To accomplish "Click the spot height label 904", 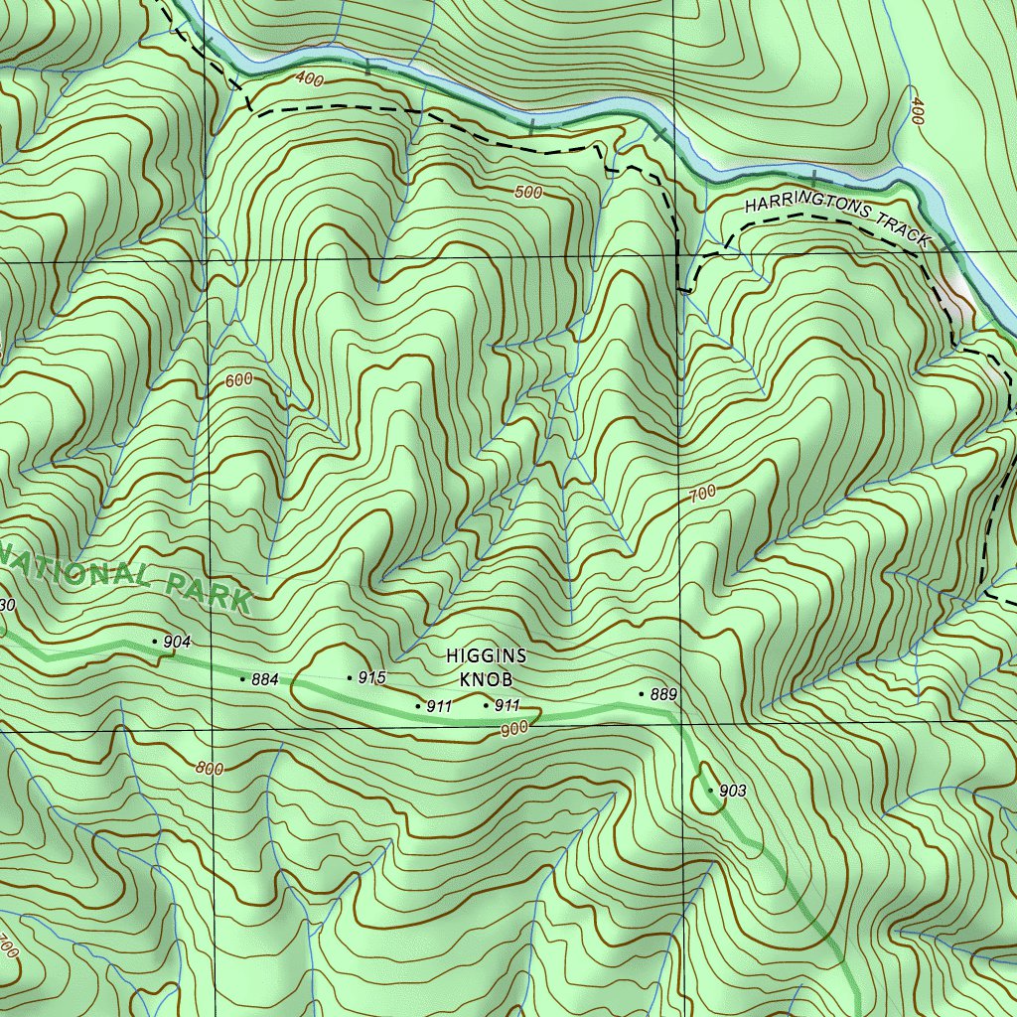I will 177,642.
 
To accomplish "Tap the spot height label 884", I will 265,679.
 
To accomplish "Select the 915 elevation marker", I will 371,677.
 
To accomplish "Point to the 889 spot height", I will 663,694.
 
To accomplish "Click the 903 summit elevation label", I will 732,791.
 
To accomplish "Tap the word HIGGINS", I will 487,656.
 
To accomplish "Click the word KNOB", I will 487,680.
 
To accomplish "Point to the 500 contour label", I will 529,193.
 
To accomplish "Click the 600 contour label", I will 239,379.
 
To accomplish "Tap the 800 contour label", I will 209,768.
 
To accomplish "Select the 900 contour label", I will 514,728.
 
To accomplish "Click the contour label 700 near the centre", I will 701,493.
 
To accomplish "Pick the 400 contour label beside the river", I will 309,79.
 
